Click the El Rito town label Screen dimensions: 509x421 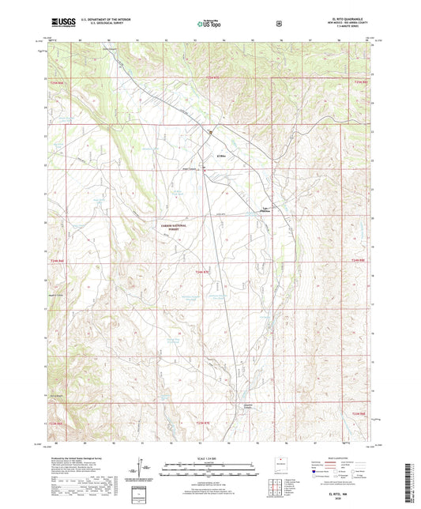pyautogui.click(x=222, y=155)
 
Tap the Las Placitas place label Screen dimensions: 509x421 pyautogui.click(x=267, y=209)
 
